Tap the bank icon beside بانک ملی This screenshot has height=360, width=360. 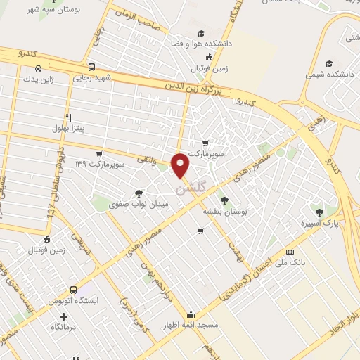click(290, 252)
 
